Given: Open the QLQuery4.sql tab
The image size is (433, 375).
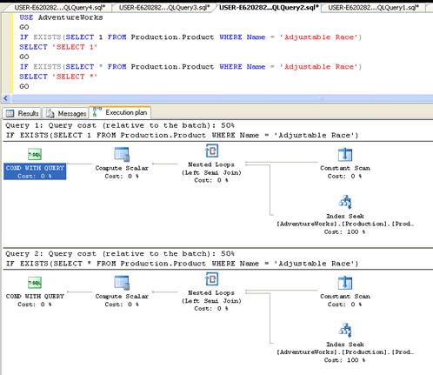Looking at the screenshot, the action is pyautogui.click(x=59, y=7).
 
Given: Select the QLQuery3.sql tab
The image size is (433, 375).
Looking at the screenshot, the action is pyautogui.click(x=164, y=7).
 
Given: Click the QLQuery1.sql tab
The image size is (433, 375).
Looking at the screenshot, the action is pyautogui.click(x=373, y=7).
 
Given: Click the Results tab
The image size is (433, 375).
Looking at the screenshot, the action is pyautogui.click(x=23, y=113).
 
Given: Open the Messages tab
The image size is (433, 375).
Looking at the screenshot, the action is pyautogui.click(x=66, y=113).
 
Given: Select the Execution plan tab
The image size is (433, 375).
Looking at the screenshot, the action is pyautogui.click(x=120, y=112).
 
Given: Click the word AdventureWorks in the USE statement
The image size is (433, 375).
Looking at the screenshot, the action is pyautogui.click(x=70, y=17).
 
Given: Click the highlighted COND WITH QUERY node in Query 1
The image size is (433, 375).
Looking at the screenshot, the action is pyautogui.click(x=35, y=171).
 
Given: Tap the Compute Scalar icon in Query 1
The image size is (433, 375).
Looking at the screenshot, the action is pyautogui.click(x=122, y=154).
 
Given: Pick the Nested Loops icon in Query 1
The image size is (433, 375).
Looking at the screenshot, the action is pyautogui.click(x=211, y=151).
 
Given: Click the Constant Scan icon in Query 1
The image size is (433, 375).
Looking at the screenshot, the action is pyautogui.click(x=345, y=154).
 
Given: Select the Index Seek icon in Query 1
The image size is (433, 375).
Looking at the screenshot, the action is pyautogui.click(x=345, y=202).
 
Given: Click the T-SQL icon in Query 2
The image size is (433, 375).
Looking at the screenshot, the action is pyautogui.click(x=35, y=283).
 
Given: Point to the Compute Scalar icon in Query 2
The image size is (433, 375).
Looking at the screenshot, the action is pyautogui.click(x=122, y=283).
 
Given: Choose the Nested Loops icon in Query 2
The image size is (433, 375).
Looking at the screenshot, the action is pyautogui.click(x=211, y=279).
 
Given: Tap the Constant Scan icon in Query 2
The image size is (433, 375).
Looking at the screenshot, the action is pyautogui.click(x=345, y=283).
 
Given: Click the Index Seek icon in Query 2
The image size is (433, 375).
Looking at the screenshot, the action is pyautogui.click(x=345, y=330).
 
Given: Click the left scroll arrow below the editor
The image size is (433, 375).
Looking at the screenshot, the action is pyautogui.click(x=6, y=98).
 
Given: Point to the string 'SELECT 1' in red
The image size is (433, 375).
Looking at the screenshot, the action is pyautogui.click(x=75, y=47).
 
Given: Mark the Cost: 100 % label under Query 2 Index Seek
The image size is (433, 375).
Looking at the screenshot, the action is pyautogui.click(x=344, y=360).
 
